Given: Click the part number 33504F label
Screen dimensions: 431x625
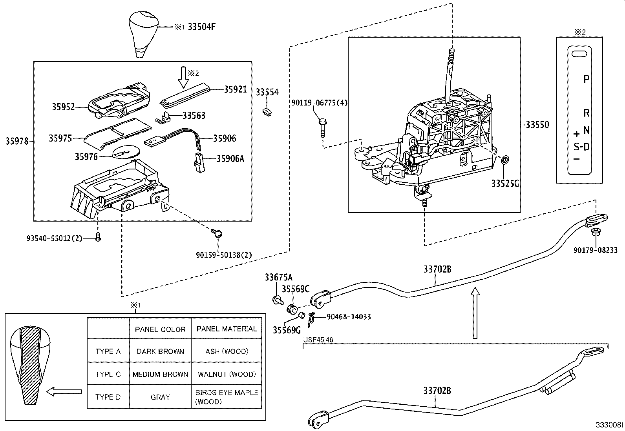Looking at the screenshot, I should (x=202, y=27).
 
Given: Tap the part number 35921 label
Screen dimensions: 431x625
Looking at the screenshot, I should (x=236, y=89).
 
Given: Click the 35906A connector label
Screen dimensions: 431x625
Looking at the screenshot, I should (x=230, y=158).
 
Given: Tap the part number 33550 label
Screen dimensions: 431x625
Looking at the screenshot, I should (x=537, y=125).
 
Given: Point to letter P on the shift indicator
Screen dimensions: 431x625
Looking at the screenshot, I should (x=586, y=79).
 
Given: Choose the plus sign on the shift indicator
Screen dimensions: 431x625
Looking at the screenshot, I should (x=576, y=134).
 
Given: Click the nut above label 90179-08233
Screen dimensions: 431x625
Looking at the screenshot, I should (x=595, y=232).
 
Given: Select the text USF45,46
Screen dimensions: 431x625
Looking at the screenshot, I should (x=318, y=340).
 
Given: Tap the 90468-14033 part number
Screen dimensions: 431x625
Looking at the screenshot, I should (x=349, y=316).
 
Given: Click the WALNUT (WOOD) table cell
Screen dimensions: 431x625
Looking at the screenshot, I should (x=227, y=374).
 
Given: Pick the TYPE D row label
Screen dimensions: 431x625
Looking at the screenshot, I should (x=108, y=397).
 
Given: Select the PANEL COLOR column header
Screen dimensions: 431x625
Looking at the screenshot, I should (x=160, y=329).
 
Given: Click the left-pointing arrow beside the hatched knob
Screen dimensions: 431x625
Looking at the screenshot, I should (x=64, y=391).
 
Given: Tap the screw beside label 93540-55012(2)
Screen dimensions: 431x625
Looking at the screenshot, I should (x=98, y=236).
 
